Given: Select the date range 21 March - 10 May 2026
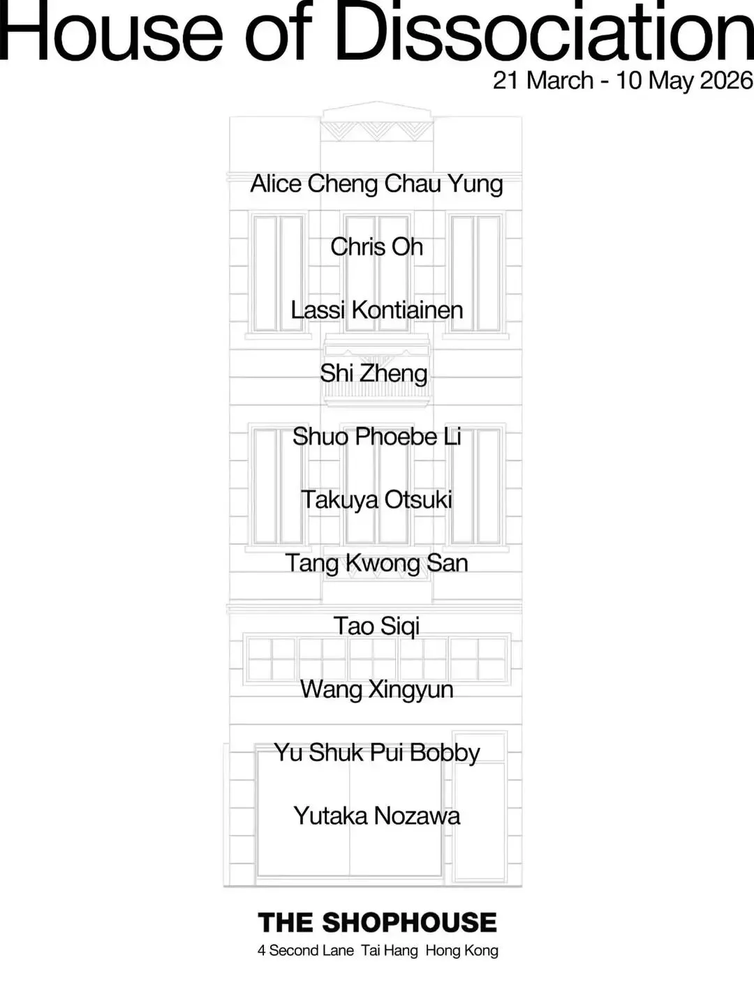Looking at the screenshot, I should (x=623, y=80).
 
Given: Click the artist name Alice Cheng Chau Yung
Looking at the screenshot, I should (x=377, y=184).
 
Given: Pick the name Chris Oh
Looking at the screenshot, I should (x=377, y=247).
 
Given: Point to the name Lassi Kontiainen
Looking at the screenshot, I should (x=377, y=310).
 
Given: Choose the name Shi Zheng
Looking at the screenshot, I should (x=374, y=373).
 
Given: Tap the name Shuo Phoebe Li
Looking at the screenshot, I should (x=377, y=437).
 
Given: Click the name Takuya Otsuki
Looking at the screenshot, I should (x=377, y=500).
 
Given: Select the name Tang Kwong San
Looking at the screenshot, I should (x=377, y=563).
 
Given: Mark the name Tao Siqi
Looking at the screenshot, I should (x=377, y=626).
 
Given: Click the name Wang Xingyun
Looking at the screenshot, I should (x=377, y=689).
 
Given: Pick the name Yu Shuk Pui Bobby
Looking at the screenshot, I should (x=377, y=753).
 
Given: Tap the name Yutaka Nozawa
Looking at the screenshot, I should (x=377, y=816).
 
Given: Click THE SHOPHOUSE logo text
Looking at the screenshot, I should (x=377, y=922).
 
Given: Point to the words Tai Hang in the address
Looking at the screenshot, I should (x=390, y=950).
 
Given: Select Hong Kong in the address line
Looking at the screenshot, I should (x=462, y=950).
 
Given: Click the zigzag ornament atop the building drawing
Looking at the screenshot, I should (x=377, y=130).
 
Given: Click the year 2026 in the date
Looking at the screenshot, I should (x=726, y=80).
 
